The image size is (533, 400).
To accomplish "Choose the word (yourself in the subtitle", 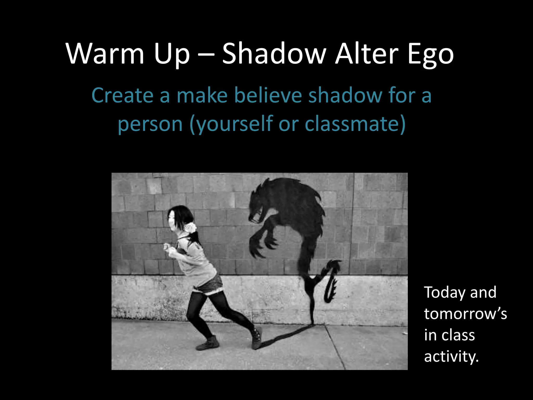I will point(231,124).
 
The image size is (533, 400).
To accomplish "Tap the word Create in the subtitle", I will point(122,95).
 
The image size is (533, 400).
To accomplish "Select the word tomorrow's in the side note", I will point(465,314).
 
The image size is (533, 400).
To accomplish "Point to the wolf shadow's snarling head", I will point(258,206).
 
